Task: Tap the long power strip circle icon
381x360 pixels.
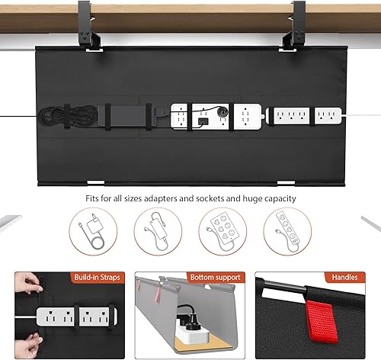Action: tap(288, 229)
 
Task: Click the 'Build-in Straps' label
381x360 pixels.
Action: tap(94, 278)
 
